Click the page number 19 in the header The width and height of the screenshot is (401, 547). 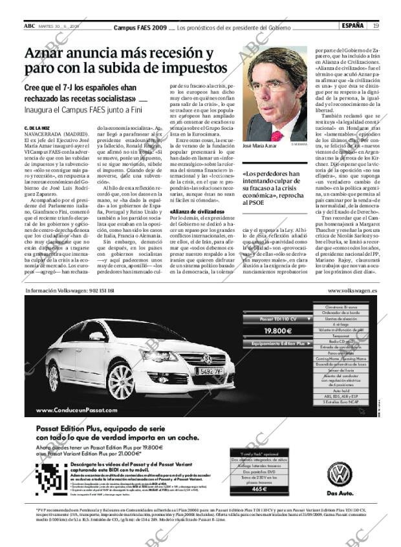point(376,26)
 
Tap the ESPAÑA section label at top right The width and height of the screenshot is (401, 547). point(352,26)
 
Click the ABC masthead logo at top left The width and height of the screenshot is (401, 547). point(30,26)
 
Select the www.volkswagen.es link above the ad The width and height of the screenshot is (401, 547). point(353,291)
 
